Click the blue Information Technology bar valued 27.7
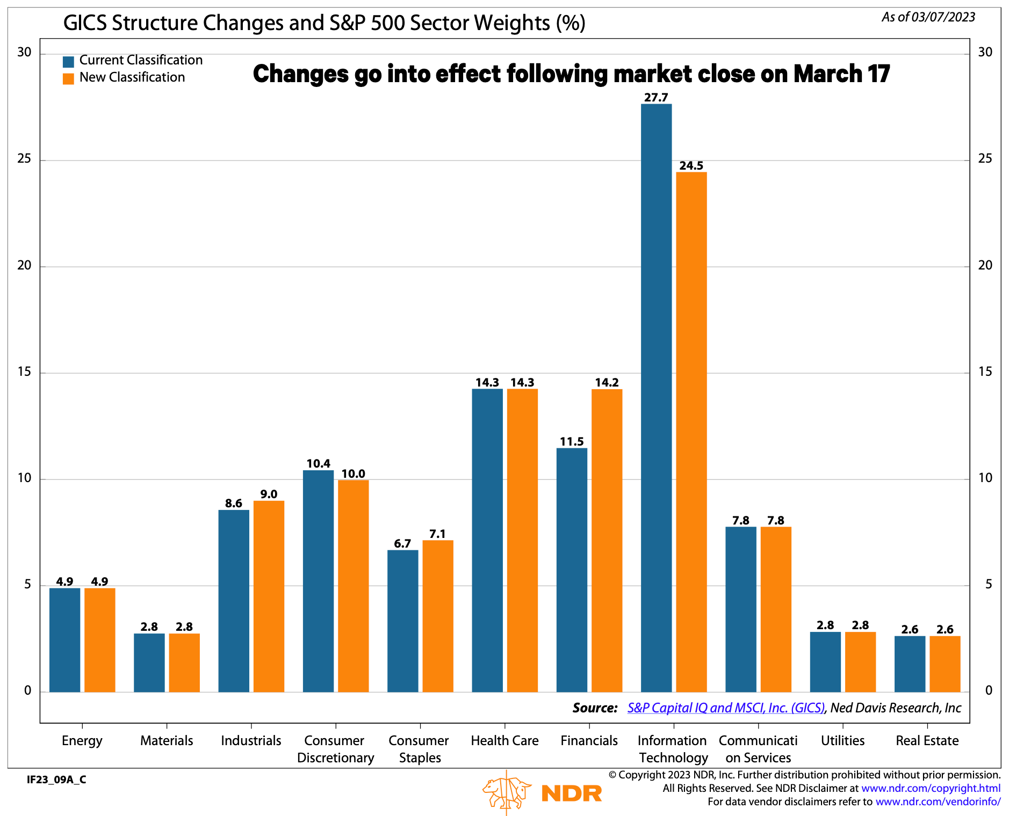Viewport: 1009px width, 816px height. [x=656, y=397]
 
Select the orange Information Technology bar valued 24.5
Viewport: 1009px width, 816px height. [x=691, y=432]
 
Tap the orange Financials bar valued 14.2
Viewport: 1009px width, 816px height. [x=607, y=540]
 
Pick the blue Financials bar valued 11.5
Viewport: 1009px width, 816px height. [x=572, y=570]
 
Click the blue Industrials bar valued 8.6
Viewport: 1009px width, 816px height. [x=234, y=601]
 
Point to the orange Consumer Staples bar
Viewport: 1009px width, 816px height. [x=437, y=616]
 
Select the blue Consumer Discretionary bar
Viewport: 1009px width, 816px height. [x=318, y=581]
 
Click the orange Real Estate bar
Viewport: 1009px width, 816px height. [x=945, y=664]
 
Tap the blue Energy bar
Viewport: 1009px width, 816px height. [x=64, y=640]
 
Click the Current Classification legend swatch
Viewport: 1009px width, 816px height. [x=68, y=61]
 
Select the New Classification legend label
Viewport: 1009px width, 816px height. [x=132, y=77]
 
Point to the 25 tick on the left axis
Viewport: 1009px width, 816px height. [x=25, y=159]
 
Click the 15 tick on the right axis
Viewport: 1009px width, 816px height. [x=985, y=372]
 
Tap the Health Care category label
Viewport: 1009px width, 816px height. [x=504, y=741]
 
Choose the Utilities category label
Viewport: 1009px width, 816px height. [x=842, y=741]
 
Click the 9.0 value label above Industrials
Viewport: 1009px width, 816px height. [x=269, y=494]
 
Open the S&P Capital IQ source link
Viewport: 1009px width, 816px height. [x=725, y=708]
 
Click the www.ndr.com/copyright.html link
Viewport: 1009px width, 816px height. [x=931, y=788]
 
